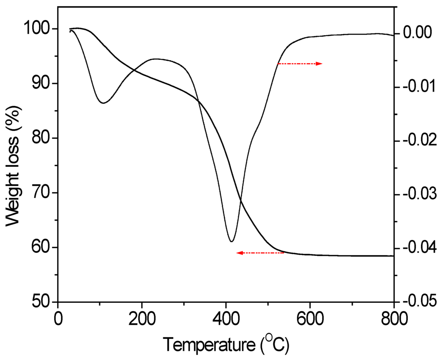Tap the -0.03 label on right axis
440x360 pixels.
[x=415, y=194]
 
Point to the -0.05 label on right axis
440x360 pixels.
[x=415, y=301]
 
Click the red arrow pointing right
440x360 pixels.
[x=299, y=64]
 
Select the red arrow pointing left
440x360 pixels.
[x=260, y=253]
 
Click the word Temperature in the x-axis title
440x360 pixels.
[x=210, y=345]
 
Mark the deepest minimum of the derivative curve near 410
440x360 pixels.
[x=231, y=241]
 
